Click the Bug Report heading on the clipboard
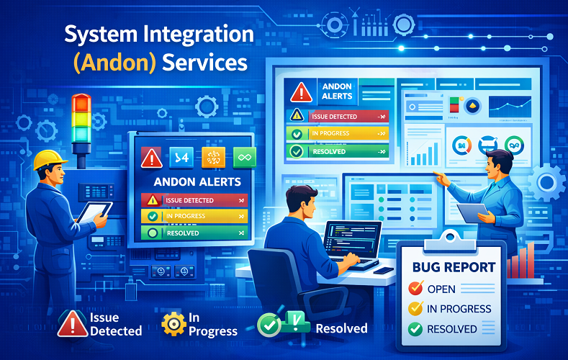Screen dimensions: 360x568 pos(454,267)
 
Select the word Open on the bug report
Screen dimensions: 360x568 pos(441,289)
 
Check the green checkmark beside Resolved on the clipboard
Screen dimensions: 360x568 pos(415,329)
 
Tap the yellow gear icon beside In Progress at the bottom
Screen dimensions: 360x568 pos(173,323)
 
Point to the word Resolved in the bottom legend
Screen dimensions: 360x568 pos(341,328)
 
